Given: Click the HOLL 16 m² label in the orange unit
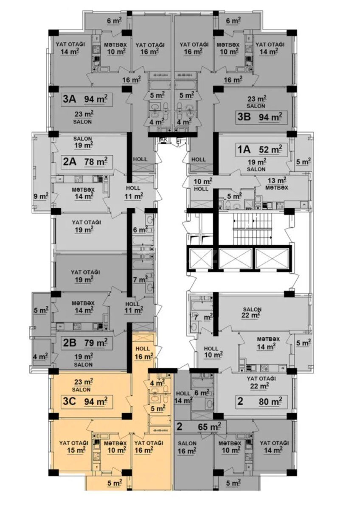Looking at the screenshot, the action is tap(143, 353).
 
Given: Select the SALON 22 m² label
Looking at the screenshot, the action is tap(252, 312).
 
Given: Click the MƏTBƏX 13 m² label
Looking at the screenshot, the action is tap(276, 184).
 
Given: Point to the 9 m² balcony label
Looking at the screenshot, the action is tap(41, 196).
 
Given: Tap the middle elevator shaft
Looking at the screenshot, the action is tap(235, 259).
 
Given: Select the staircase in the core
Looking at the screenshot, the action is tap(252, 229).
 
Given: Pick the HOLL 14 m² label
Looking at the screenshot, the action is tap(183, 397).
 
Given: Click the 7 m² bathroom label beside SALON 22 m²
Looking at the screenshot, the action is tap(202, 317).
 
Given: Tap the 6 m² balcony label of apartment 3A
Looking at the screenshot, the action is tap(114, 21).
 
